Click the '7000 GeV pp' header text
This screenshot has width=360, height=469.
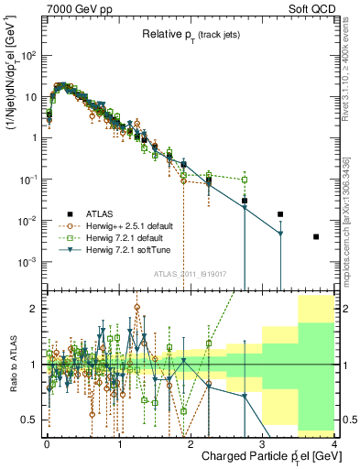[x=75, y=8]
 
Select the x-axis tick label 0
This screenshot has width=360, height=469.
[x=47, y=442]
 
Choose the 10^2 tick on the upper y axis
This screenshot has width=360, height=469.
[x=31, y=55]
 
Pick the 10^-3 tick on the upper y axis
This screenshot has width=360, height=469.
[x=31, y=262]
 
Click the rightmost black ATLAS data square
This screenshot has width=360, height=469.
[x=316, y=236]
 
